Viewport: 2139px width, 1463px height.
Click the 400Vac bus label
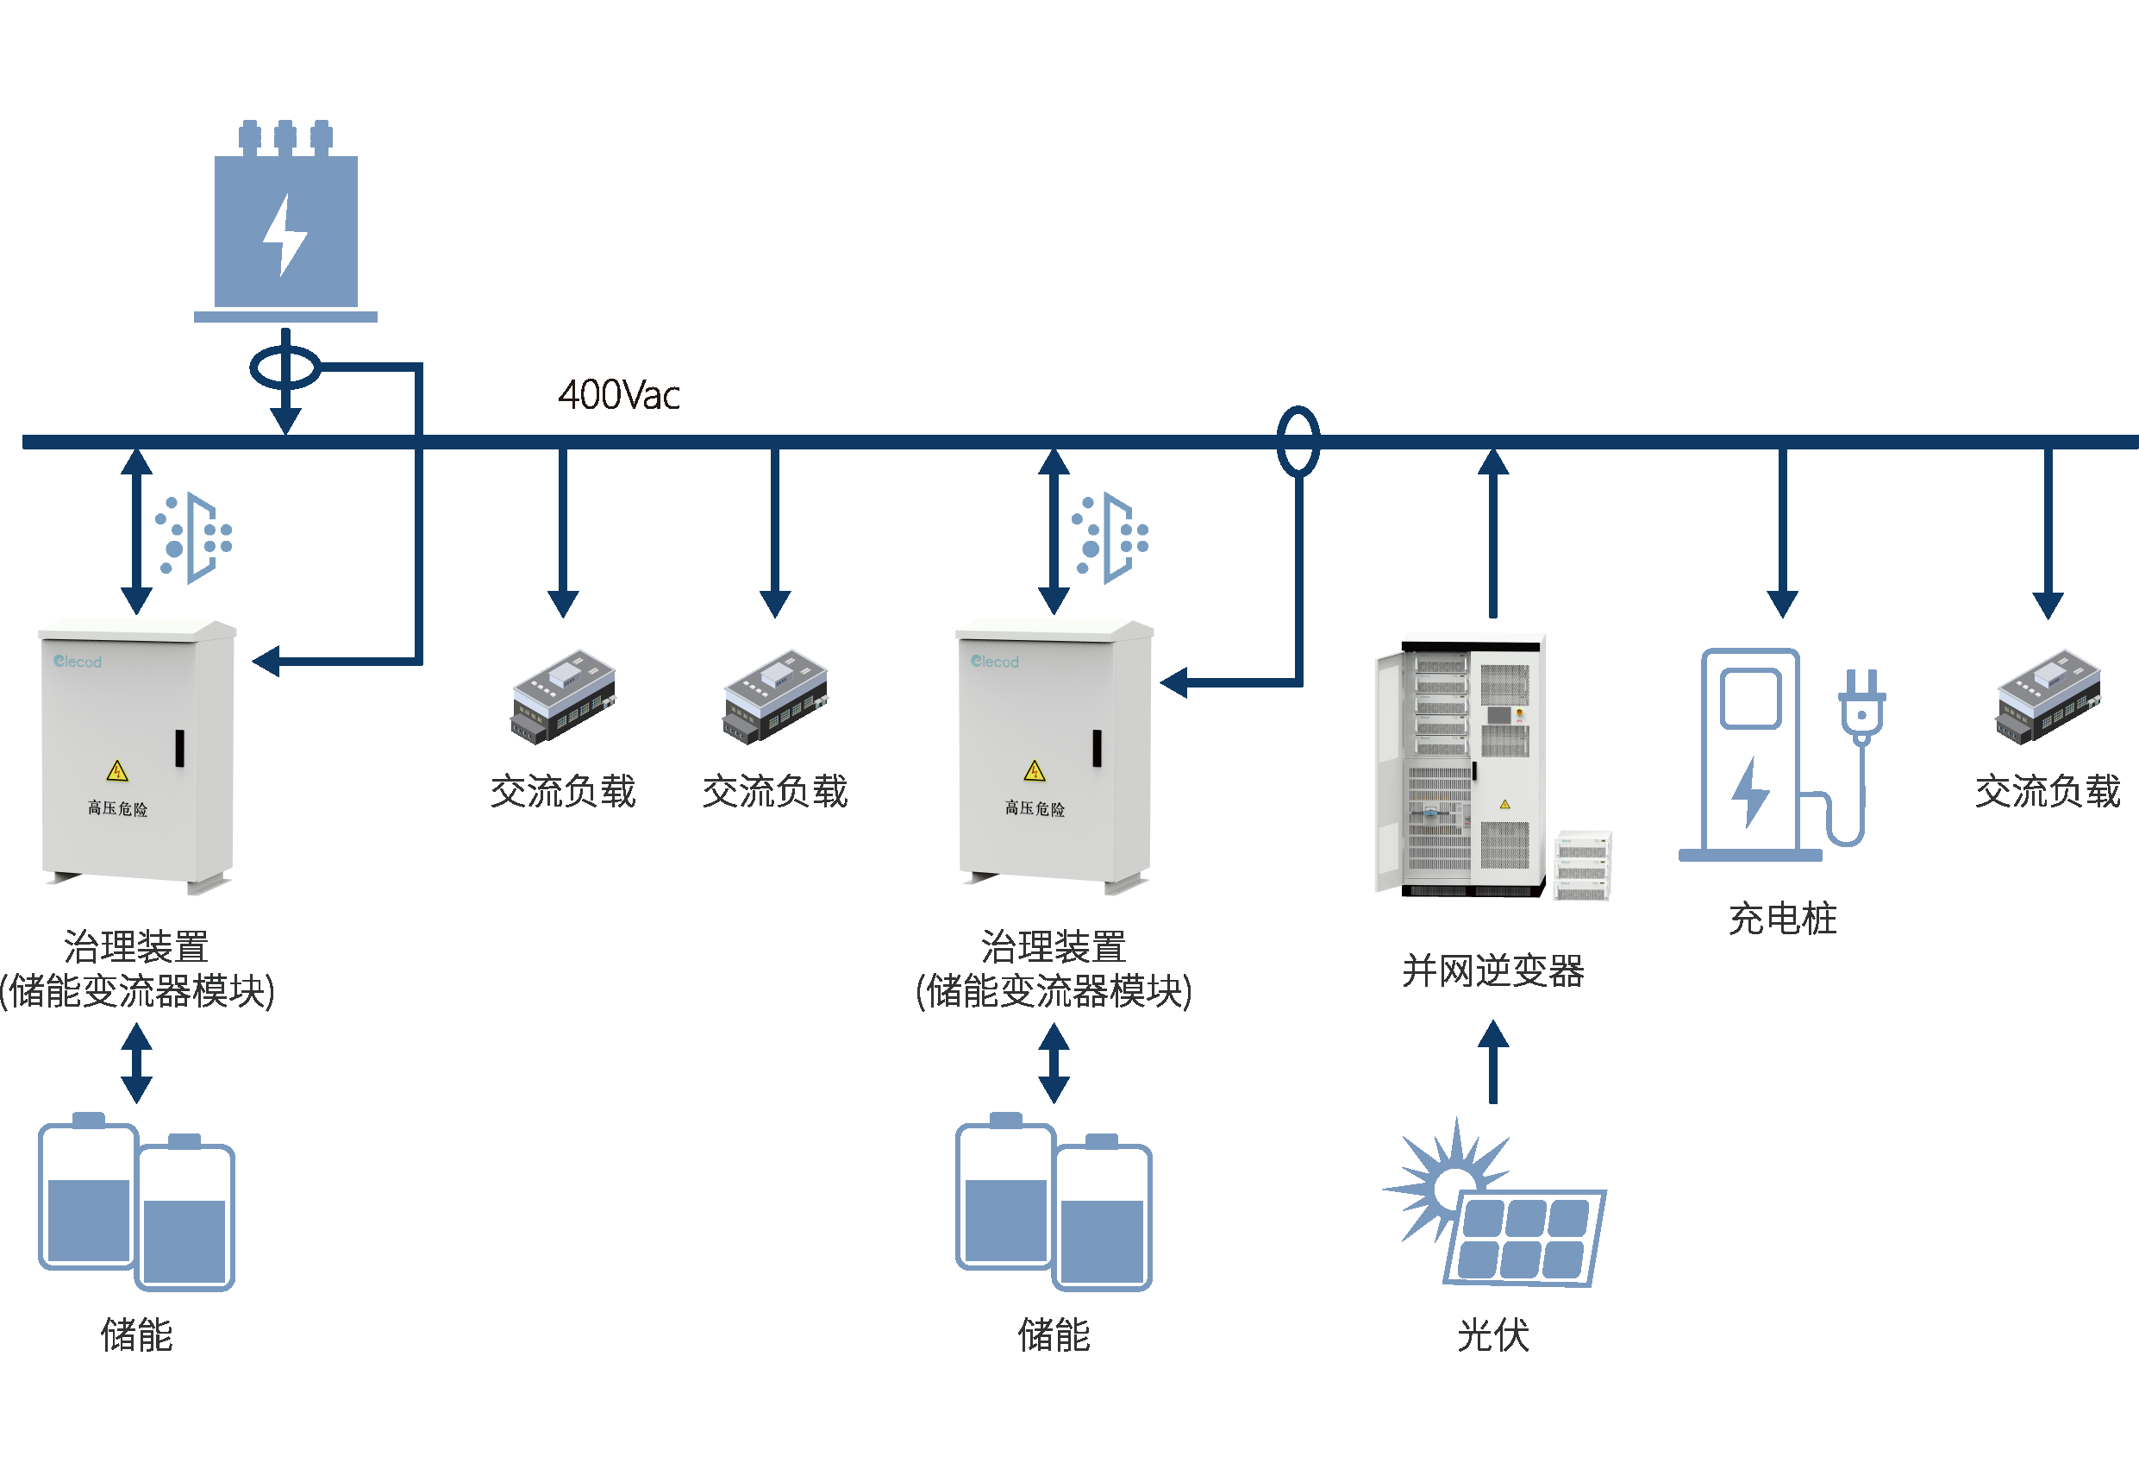click(x=618, y=395)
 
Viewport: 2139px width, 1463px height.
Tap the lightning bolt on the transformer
click(x=285, y=235)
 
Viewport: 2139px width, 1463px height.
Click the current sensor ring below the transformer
click(x=285, y=368)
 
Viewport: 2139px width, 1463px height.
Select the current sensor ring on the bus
click(x=1298, y=441)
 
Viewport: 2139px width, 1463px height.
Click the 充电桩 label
click(x=1782, y=918)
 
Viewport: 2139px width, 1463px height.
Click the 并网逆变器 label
click(x=1492, y=970)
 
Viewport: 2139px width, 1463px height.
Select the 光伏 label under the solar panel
click(x=1492, y=1334)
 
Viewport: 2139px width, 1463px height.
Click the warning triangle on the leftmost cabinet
click(x=117, y=770)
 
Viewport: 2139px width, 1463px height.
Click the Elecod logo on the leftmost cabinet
click(x=78, y=661)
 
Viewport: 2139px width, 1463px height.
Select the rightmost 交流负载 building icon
click(x=2047, y=697)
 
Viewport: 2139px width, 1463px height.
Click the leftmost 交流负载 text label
click(x=562, y=791)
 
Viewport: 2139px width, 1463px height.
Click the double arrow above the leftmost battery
click(x=136, y=1064)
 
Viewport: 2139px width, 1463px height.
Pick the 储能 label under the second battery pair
click(x=1053, y=1334)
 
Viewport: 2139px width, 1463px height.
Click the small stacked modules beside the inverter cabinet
click(x=1582, y=865)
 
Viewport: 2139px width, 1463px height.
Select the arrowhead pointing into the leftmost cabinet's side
click(x=266, y=661)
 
